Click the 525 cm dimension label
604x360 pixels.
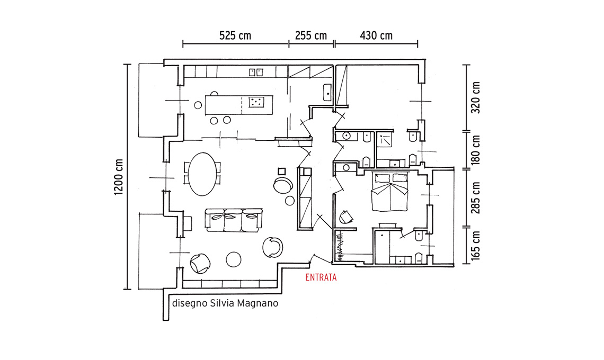tap(235, 36)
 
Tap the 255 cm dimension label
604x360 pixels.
tap(311, 36)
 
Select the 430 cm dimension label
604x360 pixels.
tap(376, 36)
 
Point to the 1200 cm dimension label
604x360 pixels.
tap(119, 177)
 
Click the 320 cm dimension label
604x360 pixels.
tap(476, 97)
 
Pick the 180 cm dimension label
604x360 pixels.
tap(476, 150)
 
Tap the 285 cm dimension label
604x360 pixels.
tap(476, 198)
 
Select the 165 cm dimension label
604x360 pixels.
tap(476, 246)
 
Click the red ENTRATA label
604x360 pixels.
tap(321, 277)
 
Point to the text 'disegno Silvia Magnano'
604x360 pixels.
tap(225, 303)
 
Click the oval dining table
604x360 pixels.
tap(203, 174)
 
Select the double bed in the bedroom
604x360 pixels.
tap(389, 191)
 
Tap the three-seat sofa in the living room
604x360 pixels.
tap(234, 220)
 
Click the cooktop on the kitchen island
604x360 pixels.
tap(256, 102)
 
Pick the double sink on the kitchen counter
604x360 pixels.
tap(256, 72)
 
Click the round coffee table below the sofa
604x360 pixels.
tap(234, 259)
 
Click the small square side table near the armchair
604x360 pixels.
tap(281, 172)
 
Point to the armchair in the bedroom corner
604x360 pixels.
tap(346, 217)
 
